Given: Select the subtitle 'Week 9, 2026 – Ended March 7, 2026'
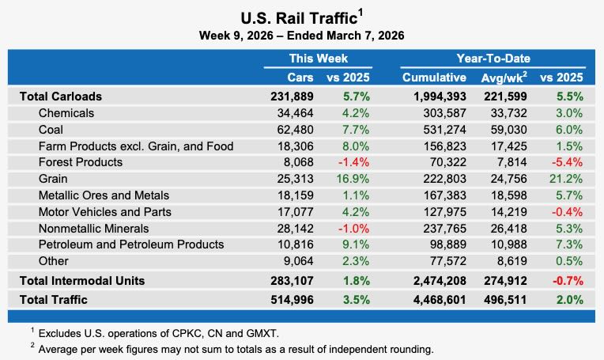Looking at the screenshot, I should point(301,36).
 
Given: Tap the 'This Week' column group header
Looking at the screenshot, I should point(318,59).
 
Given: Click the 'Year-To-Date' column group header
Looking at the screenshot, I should point(493,59).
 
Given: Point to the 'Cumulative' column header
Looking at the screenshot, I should point(434,78).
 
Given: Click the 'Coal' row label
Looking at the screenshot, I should point(51,129).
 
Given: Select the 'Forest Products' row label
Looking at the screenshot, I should point(81,162).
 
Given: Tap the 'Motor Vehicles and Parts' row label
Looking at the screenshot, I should point(104,211).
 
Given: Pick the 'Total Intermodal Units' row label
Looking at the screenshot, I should point(83,280).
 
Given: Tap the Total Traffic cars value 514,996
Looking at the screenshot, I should point(293,300).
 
